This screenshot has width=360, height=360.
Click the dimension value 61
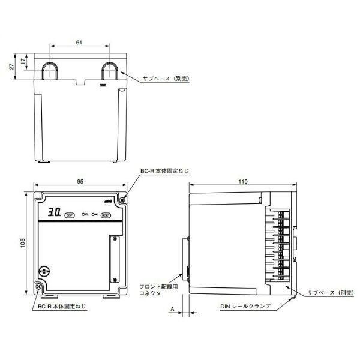(x=80, y=43)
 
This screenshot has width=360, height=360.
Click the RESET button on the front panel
(x=106, y=214)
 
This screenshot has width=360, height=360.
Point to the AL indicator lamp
(x=94, y=214)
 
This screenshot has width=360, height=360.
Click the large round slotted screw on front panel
(x=44, y=272)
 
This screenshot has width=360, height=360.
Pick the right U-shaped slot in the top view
(x=109, y=71)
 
